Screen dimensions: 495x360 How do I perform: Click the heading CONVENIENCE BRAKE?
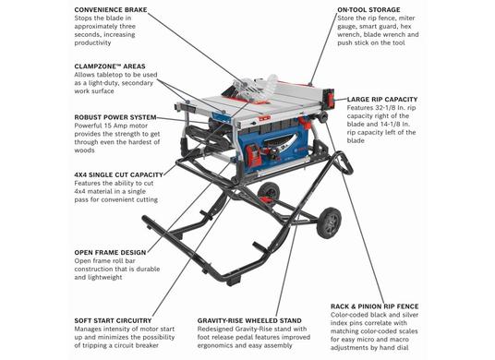click(111, 10)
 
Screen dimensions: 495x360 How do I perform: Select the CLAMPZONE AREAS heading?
click(110, 66)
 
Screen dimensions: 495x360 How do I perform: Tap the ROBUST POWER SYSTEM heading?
click(115, 117)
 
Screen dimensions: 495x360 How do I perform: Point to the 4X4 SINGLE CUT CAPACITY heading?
click(119, 174)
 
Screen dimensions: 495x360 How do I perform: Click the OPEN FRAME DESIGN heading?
click(110, 253)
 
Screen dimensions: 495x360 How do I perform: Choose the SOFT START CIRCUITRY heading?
click(113, 320)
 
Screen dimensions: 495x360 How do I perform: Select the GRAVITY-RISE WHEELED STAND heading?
click(249, 320)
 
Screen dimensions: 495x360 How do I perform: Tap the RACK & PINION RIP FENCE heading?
click(375, 306)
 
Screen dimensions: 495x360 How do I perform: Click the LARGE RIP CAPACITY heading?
click(382, 100)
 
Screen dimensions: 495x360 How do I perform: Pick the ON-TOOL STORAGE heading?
click(368, 10)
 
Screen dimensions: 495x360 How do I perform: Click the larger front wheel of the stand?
click(330, 222)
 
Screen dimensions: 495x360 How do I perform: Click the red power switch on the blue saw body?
click(253, 155)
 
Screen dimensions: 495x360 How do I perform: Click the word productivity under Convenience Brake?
click(92, 42)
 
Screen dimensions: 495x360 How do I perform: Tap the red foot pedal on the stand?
click(268, 199)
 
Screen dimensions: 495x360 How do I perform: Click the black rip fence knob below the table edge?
click(322, 117)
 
